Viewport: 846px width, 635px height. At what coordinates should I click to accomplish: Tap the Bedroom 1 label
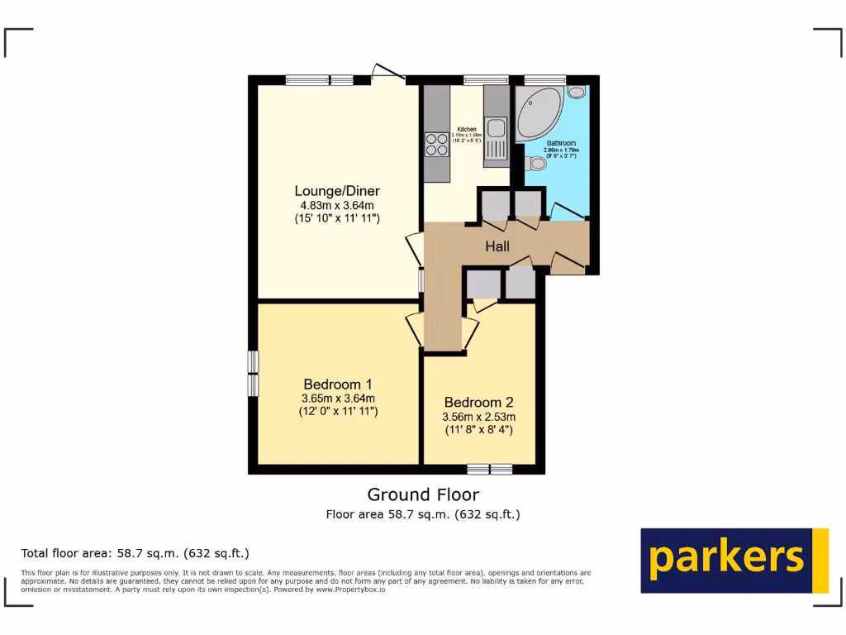click(338, 384)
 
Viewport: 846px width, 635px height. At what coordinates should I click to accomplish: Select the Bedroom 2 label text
click(478, 403)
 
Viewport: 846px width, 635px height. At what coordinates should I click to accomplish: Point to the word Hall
click(497, 246)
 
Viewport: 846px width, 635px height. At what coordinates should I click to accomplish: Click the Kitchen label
click(467, 130)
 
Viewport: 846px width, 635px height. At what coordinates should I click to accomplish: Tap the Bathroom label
click(561, 143)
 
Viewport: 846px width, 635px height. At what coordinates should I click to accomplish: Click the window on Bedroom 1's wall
click(254, 374)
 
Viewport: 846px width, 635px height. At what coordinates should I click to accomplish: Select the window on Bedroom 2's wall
click(489, 470)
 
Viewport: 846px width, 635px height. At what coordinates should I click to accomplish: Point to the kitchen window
click(485, 80)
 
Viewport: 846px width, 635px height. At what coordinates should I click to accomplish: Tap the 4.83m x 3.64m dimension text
click(338, 205)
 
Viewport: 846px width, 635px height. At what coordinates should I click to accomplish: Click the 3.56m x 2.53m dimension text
click(478, 417)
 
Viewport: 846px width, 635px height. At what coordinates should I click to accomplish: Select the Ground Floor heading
click(423, 494)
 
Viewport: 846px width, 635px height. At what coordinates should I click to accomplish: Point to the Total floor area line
click(135, 553)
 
